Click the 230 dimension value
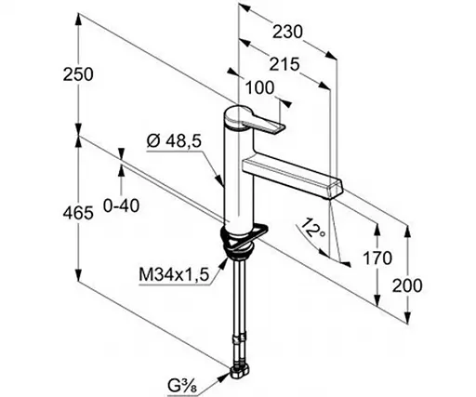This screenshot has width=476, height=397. (287, 32)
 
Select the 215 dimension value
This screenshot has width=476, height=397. (284, 64)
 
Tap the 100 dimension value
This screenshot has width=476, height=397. (259, 87)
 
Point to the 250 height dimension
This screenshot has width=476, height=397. (78, 74)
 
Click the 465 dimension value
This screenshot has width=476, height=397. (78, 213)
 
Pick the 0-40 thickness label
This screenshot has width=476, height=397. (121, 205)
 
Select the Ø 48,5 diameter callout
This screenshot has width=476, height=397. (174, 141)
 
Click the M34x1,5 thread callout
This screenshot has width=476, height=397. (174, 274)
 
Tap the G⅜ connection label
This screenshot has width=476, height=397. (182, 386)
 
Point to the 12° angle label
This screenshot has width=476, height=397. (313, 228)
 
